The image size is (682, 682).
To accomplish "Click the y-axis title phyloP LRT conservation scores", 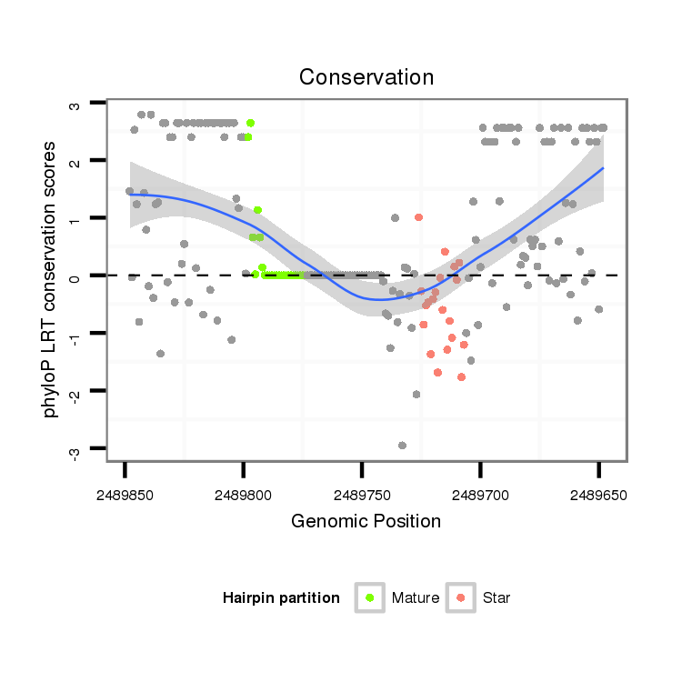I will point(51,278).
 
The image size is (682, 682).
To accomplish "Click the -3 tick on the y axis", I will point(75,450).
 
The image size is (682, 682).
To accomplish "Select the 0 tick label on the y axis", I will point(75,276).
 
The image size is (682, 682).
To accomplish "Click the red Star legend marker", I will point(461,597).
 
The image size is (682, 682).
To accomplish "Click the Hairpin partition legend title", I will point(281,598).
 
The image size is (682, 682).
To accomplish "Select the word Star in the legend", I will point(496,598).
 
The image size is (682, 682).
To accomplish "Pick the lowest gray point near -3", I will point(402,446).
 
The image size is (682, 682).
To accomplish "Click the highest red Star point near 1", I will point(418,217).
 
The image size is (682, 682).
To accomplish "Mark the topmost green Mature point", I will point(250,123).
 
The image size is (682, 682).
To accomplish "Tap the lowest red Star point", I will point(461,376).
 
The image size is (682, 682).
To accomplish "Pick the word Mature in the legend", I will point(416,598).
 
